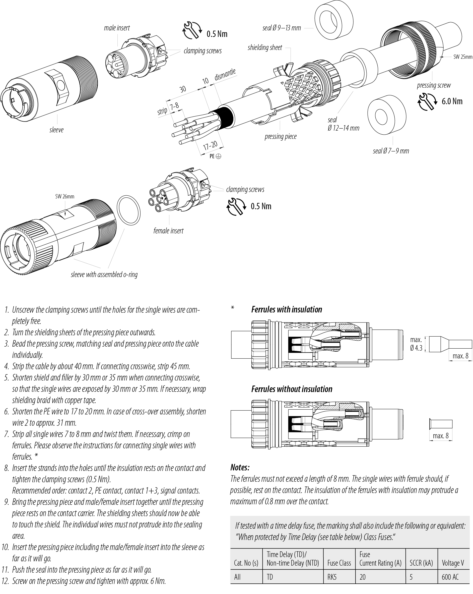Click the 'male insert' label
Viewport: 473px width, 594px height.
click(117, 28)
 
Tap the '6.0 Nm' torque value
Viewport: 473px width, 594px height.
click(452, 101)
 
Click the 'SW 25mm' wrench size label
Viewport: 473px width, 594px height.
click(463, 57)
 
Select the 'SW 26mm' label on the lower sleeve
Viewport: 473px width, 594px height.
click(65, 196)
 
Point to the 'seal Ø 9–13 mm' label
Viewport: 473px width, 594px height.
click(281, 28)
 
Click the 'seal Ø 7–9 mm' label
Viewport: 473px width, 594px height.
click(391, 151)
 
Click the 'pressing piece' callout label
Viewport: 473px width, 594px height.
click(281, 136)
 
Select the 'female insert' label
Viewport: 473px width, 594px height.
click(168, 231)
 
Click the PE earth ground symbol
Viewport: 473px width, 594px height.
click(218, 156)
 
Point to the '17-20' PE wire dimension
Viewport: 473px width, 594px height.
click(210, 145)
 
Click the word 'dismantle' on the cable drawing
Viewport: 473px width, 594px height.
click(225, 74)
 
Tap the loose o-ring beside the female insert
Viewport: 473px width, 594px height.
click(128, 210)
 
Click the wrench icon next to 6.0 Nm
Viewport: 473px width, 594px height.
click(427, 101)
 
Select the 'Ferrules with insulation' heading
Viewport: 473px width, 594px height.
click(286, 309)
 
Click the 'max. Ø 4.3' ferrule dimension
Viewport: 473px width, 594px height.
click(416, 344)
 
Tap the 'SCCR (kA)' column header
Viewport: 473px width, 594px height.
click(421, 563)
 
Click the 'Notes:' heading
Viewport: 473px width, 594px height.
click(240, 467)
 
